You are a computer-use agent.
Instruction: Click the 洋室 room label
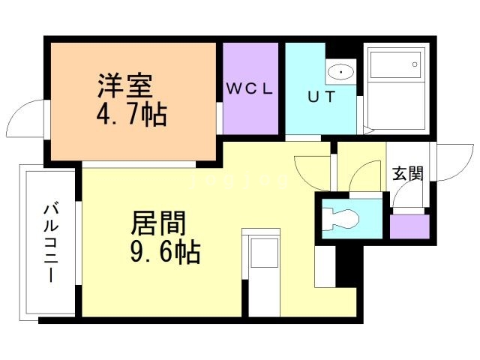pyautogui.click(x=125, y=85)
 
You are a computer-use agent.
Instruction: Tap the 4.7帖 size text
pyautogui.click(x=132, y=115)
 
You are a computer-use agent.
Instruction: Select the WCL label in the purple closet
pyautogui.click(x=250, y=88)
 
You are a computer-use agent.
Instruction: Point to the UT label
pyautogui.click(x=322, y=97)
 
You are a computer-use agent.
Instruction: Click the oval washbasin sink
pyautogui.click(x=340, y=72)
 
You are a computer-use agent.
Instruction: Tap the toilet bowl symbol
pyautogui.click(x=342, y=218)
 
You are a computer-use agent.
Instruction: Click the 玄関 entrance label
pyautogui.click(x=408, y=173)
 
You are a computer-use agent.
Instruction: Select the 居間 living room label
pyautogui.click(x=158, y=223)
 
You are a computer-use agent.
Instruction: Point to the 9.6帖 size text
pyautogui.click(x=165, y=252)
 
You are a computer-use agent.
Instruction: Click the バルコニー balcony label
pyautogui.click(x=50, y=243)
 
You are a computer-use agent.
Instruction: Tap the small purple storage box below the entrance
pyautogui.click(x=409, y=226)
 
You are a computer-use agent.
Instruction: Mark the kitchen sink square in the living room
pyautogui.click(x=264, y=253)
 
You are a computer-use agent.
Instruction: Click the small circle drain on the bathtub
pyautogui.click(x=415, y=64)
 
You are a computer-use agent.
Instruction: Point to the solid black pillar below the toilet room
pyautogui.click(x=349, y=266)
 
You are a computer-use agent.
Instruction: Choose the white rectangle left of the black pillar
pyautogui.click(x=325, y=266)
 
